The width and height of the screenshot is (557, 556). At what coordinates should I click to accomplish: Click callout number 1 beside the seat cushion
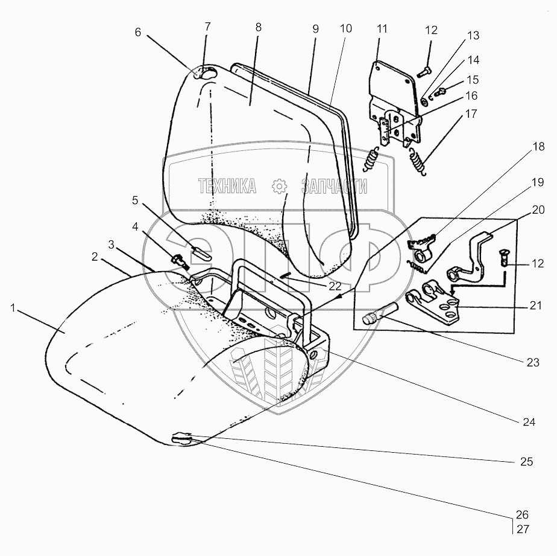click(13, 308)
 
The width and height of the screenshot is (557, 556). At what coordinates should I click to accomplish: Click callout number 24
click(529, 422)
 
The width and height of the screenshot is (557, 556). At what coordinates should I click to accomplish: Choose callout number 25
click(526, 462)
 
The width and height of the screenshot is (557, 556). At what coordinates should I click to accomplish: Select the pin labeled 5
click(200, 251)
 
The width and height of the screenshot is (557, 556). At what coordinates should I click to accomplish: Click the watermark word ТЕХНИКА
click(228, 187)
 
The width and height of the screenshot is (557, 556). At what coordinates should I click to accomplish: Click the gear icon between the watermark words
click(279, 187)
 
